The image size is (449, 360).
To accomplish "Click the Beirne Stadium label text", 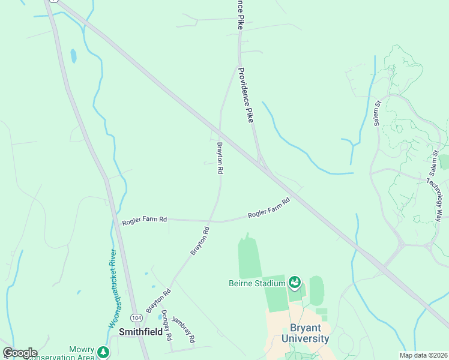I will tap(256, 283).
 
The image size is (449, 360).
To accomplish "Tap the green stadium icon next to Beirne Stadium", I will tap(294, 281).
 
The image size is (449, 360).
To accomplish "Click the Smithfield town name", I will tap(142, 331).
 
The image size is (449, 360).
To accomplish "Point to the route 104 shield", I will tap(137, 317).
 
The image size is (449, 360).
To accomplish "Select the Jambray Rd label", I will tap(184, 329).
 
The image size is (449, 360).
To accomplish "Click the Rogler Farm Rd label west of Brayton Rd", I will tap(144, 220).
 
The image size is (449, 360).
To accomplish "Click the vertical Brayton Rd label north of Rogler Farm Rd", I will tap(220, 158).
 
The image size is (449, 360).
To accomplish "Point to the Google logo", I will tap(20, 353).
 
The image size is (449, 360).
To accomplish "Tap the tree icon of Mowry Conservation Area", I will tap(104, 352).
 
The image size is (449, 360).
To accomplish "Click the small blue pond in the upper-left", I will tap(74, 56).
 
